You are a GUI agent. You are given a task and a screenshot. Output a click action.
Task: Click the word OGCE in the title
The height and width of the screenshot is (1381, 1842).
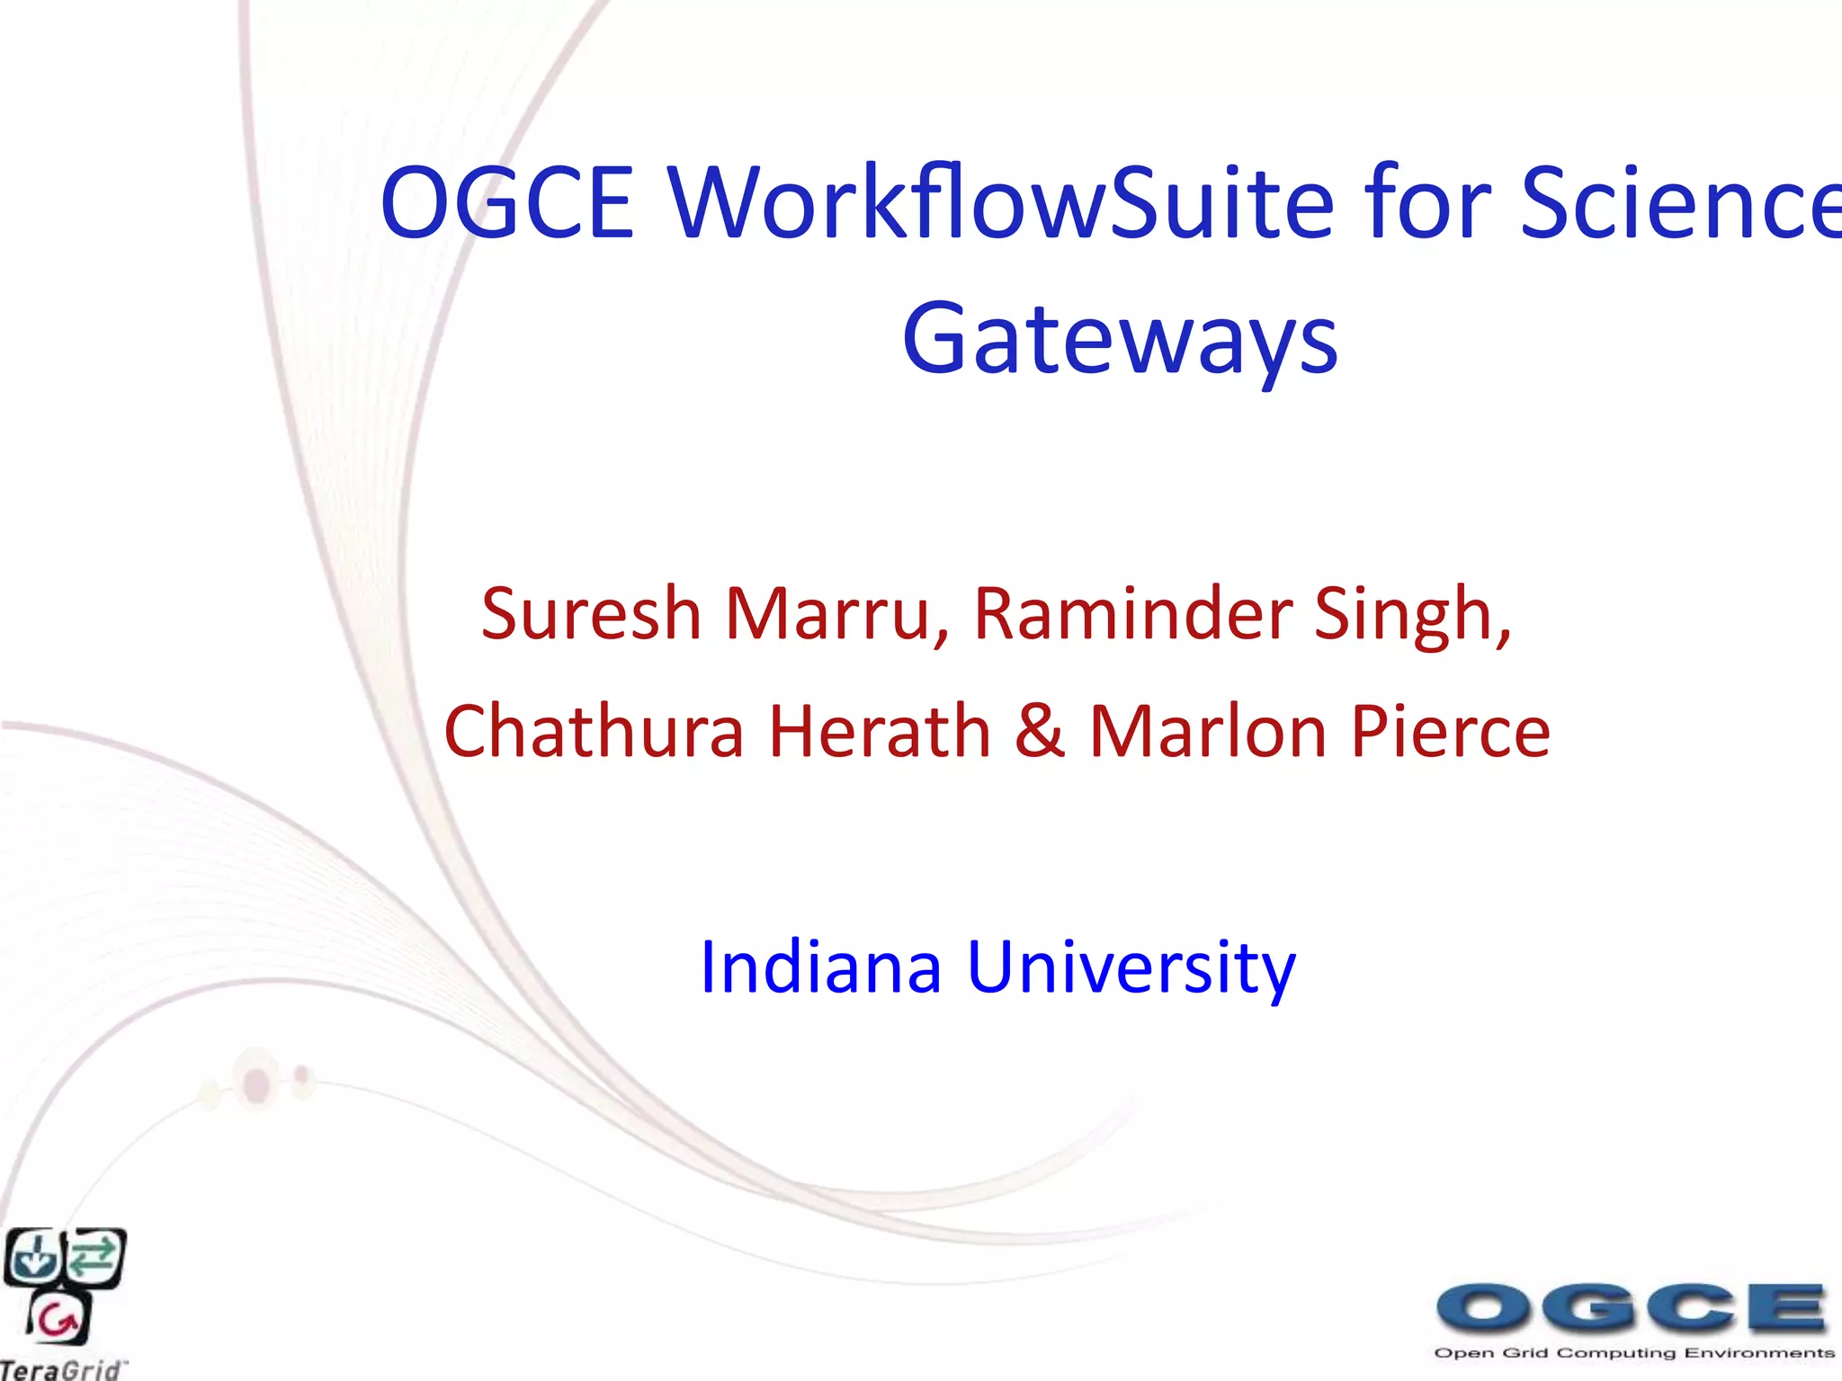508,203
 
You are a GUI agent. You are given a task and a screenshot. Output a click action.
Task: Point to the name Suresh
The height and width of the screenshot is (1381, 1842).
591,614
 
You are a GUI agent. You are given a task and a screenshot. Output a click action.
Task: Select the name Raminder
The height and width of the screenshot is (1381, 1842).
1132,614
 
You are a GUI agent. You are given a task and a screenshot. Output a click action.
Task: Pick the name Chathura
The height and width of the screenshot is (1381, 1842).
595,731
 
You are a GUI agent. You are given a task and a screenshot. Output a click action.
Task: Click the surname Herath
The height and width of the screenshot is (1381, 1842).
880,731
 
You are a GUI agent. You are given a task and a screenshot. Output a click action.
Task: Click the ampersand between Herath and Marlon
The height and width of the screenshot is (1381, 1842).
1040,731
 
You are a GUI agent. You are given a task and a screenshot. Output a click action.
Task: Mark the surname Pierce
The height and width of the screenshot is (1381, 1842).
1450,731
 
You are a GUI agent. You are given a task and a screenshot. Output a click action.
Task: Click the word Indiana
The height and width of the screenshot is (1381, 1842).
820,967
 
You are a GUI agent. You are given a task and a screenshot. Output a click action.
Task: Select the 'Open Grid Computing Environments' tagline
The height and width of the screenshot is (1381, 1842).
1633,1352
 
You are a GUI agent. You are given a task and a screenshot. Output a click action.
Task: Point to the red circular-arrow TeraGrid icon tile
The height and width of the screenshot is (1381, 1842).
59,1319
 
